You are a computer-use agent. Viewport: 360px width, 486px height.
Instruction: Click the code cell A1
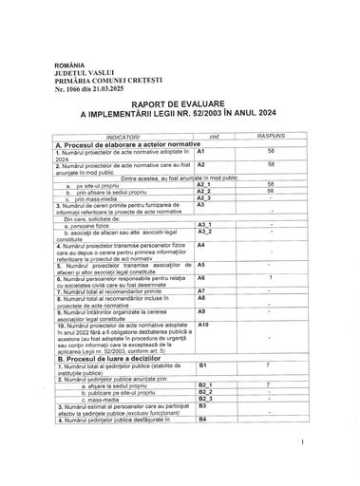coord(201,152)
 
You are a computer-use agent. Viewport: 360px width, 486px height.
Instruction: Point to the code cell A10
coord(203,325)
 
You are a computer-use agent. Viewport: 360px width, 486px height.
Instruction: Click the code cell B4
coord(201,418)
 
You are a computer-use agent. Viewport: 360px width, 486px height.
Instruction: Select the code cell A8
coord(201,297)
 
